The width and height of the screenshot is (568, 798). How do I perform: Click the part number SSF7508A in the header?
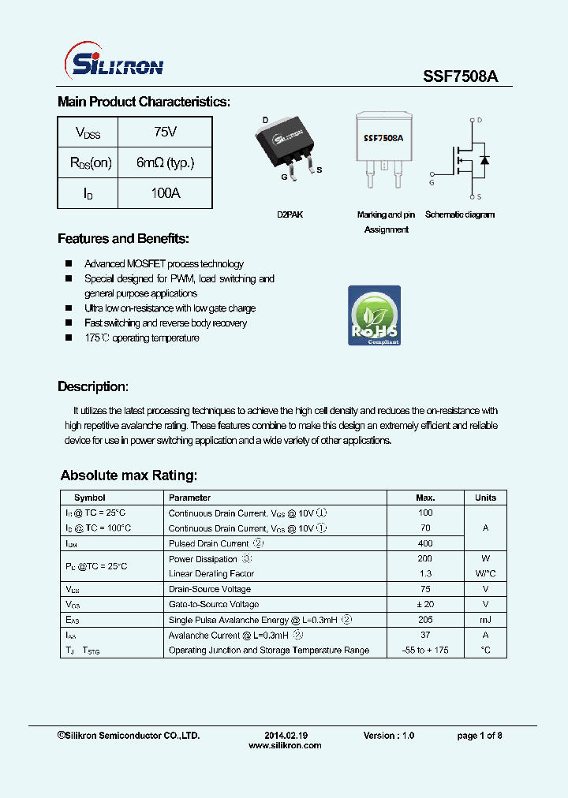[455, 76]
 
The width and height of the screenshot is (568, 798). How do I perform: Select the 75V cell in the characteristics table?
[165, 132]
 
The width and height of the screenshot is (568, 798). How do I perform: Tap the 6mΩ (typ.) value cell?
[165, 163]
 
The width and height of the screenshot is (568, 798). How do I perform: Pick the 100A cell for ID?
[165, 193]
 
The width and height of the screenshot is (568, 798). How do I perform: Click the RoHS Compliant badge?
[374, 315]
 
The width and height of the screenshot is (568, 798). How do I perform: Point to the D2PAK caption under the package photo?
[290, 214]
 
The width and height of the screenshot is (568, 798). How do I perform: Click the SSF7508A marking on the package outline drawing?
[383, 137]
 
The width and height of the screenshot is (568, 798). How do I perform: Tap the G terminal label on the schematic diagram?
[432, 182]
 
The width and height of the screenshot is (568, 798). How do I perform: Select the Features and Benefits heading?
[123, 239]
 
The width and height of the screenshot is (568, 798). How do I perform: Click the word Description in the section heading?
[92, 386]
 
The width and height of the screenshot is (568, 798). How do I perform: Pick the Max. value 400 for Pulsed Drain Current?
[425, 543]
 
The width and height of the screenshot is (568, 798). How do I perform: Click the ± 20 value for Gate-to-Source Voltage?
[425, 604]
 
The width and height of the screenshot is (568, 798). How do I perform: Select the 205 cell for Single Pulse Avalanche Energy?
[425, 620]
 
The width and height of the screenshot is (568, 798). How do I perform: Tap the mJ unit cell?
[485, 620]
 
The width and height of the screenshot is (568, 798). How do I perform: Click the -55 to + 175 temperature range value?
[425, 650]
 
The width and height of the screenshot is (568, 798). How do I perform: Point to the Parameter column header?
[190, 498]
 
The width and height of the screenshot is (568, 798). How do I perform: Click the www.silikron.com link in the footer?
[285, 745]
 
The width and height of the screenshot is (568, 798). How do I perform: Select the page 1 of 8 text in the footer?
[480, 735]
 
